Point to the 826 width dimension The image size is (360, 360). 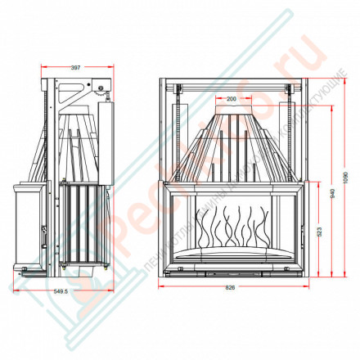[232, 288]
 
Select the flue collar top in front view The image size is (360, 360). [231, 110]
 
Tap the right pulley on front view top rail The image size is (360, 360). [290, 83]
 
